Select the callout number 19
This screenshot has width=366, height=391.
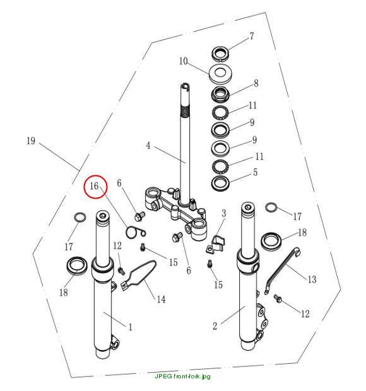point(31,141)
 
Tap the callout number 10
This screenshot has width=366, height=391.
point(184,61)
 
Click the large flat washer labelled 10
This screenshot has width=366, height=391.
point(221,73)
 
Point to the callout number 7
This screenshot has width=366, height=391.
point(252,36)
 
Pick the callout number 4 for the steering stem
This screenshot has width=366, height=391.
point(148,146)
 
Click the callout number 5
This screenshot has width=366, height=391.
point(255,172)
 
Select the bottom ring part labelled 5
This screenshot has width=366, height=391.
point(221,184)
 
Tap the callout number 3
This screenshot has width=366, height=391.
point(224,213)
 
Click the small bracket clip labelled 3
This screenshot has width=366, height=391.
point(215,245)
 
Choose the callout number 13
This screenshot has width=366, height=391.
point(312,279)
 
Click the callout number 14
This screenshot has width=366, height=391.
point(161,299)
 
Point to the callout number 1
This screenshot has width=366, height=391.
point(130,327)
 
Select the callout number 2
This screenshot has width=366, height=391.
point(215,326)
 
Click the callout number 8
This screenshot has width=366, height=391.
point(256,83)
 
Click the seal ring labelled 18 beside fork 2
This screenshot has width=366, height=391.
point(271,240)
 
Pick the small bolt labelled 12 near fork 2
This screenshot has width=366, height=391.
point(278,298)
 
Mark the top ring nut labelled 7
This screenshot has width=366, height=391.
point(221,54)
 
